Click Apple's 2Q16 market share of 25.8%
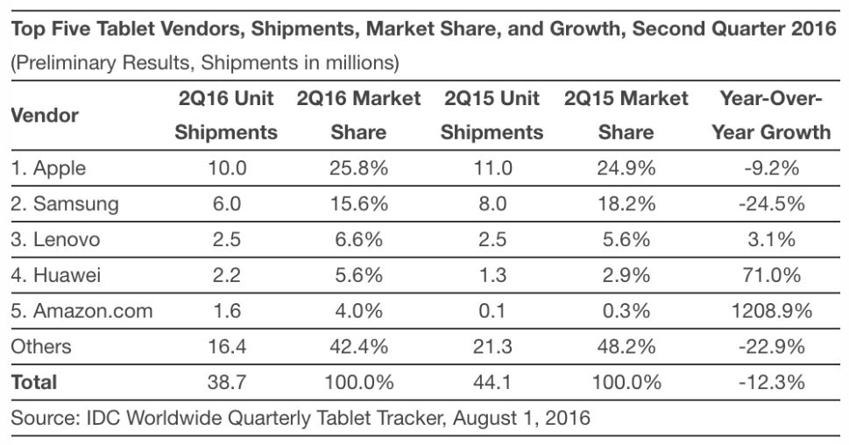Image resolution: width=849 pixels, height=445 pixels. click(357, 168)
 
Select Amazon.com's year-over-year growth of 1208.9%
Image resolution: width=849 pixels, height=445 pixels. click(770, 310)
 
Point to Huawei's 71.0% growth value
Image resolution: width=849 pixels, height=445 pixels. click(770, 275)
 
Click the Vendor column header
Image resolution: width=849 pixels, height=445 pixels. click(45, 115)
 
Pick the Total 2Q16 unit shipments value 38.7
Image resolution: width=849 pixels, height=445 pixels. click(225, 382)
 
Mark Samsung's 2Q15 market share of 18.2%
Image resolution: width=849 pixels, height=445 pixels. click(626, 204)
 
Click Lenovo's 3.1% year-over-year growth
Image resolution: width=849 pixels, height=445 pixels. click(770, 239)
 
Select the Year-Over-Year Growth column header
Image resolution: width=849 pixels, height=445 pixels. click(770, 115)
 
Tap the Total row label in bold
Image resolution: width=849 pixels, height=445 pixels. click(34, 382)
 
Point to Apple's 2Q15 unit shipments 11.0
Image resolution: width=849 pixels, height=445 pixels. click(492, 168)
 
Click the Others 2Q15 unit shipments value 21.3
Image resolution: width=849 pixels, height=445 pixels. click(492, 346)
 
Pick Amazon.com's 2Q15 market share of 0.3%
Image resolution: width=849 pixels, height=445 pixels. click(626, 310)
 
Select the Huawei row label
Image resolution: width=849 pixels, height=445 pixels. click(56, 275)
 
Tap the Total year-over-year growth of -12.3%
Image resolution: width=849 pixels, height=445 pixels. click(770, 382)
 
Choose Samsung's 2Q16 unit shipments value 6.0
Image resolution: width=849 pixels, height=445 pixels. click(225, 204)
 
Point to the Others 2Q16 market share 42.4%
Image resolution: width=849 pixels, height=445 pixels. click(357, 346)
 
